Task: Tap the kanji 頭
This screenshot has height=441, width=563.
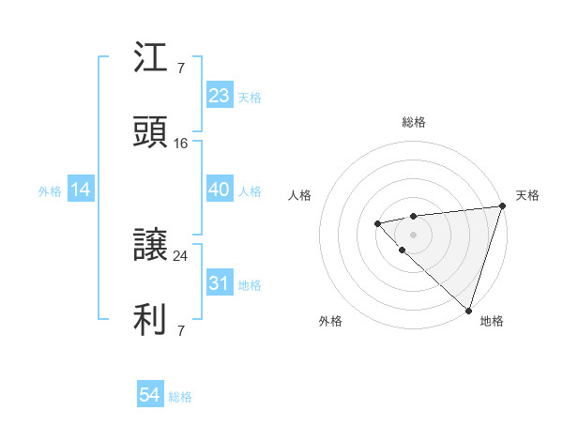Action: [151, 133]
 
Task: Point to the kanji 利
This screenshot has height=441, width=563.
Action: [151, 320]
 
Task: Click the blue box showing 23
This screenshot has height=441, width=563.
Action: [220, 96]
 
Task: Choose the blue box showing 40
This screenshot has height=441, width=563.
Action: [220, 190]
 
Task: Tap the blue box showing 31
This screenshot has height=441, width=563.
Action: [220, 283]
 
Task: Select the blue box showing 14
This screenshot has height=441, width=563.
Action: [81, 190]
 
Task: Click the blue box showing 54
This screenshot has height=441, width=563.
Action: [150, 396]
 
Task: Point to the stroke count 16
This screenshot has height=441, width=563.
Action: [181, 144]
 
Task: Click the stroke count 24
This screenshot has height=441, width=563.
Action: [181, 255]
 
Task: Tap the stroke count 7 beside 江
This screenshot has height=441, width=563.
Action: [181, 68]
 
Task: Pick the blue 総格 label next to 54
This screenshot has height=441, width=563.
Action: [180, 397]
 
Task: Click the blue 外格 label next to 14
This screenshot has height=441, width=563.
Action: [50, 191]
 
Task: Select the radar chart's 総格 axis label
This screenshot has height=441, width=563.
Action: [414, 123]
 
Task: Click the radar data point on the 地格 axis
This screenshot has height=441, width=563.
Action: [468, 310]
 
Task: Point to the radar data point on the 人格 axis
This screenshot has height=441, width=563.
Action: [377, 223]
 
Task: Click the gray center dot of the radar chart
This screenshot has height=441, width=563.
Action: [413, 234]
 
